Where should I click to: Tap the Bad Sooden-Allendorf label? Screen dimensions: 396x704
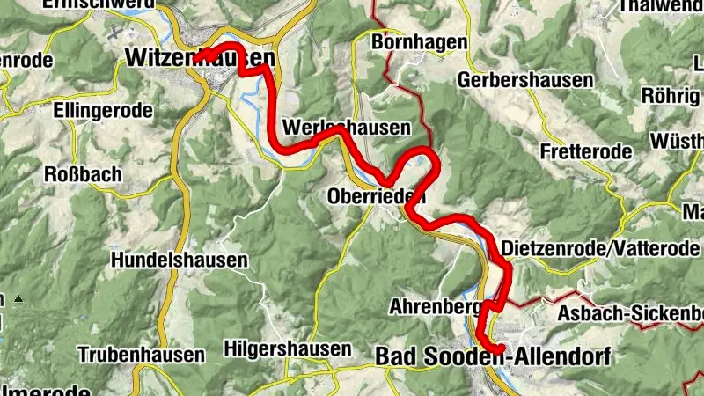pyautogui.click(x=491, y=356)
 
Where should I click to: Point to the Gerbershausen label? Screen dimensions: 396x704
pyautogui.click(x=525, y=80)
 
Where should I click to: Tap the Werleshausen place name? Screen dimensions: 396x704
pyautogui.click(x=348, y=128)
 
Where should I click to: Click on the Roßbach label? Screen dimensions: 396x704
pyautogui.click(x=83, y=174)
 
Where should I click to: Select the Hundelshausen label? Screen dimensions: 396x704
pyautogui.click(x=179, y=260)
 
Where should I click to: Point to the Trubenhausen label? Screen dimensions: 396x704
pyautogui.click(x=142, y=356)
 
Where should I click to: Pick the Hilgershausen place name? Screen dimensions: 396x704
pyautogui.click(x=287, y=348)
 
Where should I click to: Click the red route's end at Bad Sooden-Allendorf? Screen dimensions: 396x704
pyautogui.click(x=500, y=350)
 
